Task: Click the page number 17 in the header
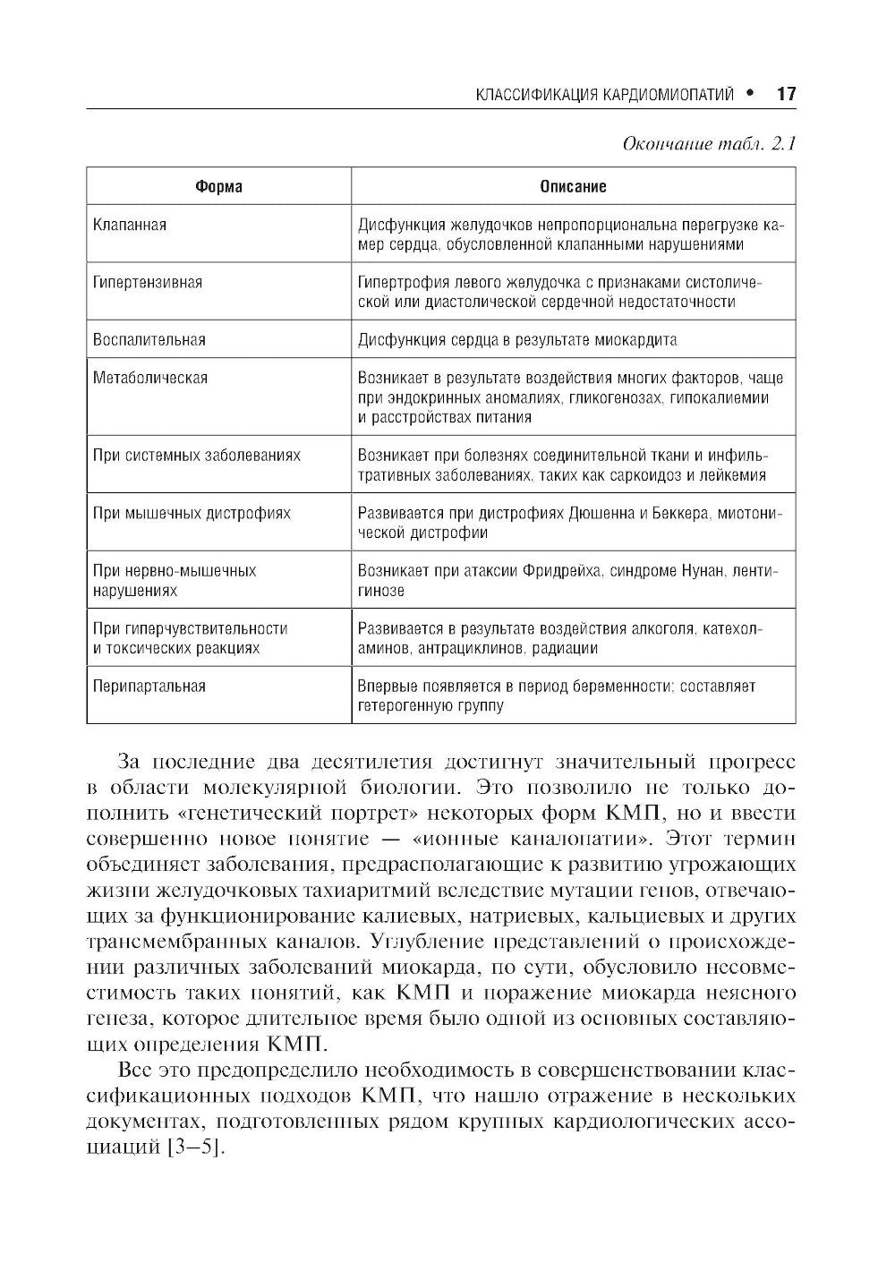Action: pos(786,94)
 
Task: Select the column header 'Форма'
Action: pos(218,187)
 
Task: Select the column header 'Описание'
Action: pos(573,187)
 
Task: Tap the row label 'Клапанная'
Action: pos(130,225)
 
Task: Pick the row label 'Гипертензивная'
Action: pos(148,282)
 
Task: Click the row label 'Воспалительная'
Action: pos(149,339)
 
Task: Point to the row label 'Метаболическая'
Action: pos(150,378)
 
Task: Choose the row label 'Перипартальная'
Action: pos(149,687)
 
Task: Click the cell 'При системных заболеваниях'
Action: pos(197,455)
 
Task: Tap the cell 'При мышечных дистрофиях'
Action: pos(192,514)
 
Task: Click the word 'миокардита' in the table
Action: pos(639,339)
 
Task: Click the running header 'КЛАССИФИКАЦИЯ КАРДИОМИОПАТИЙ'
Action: pos(605,95)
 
